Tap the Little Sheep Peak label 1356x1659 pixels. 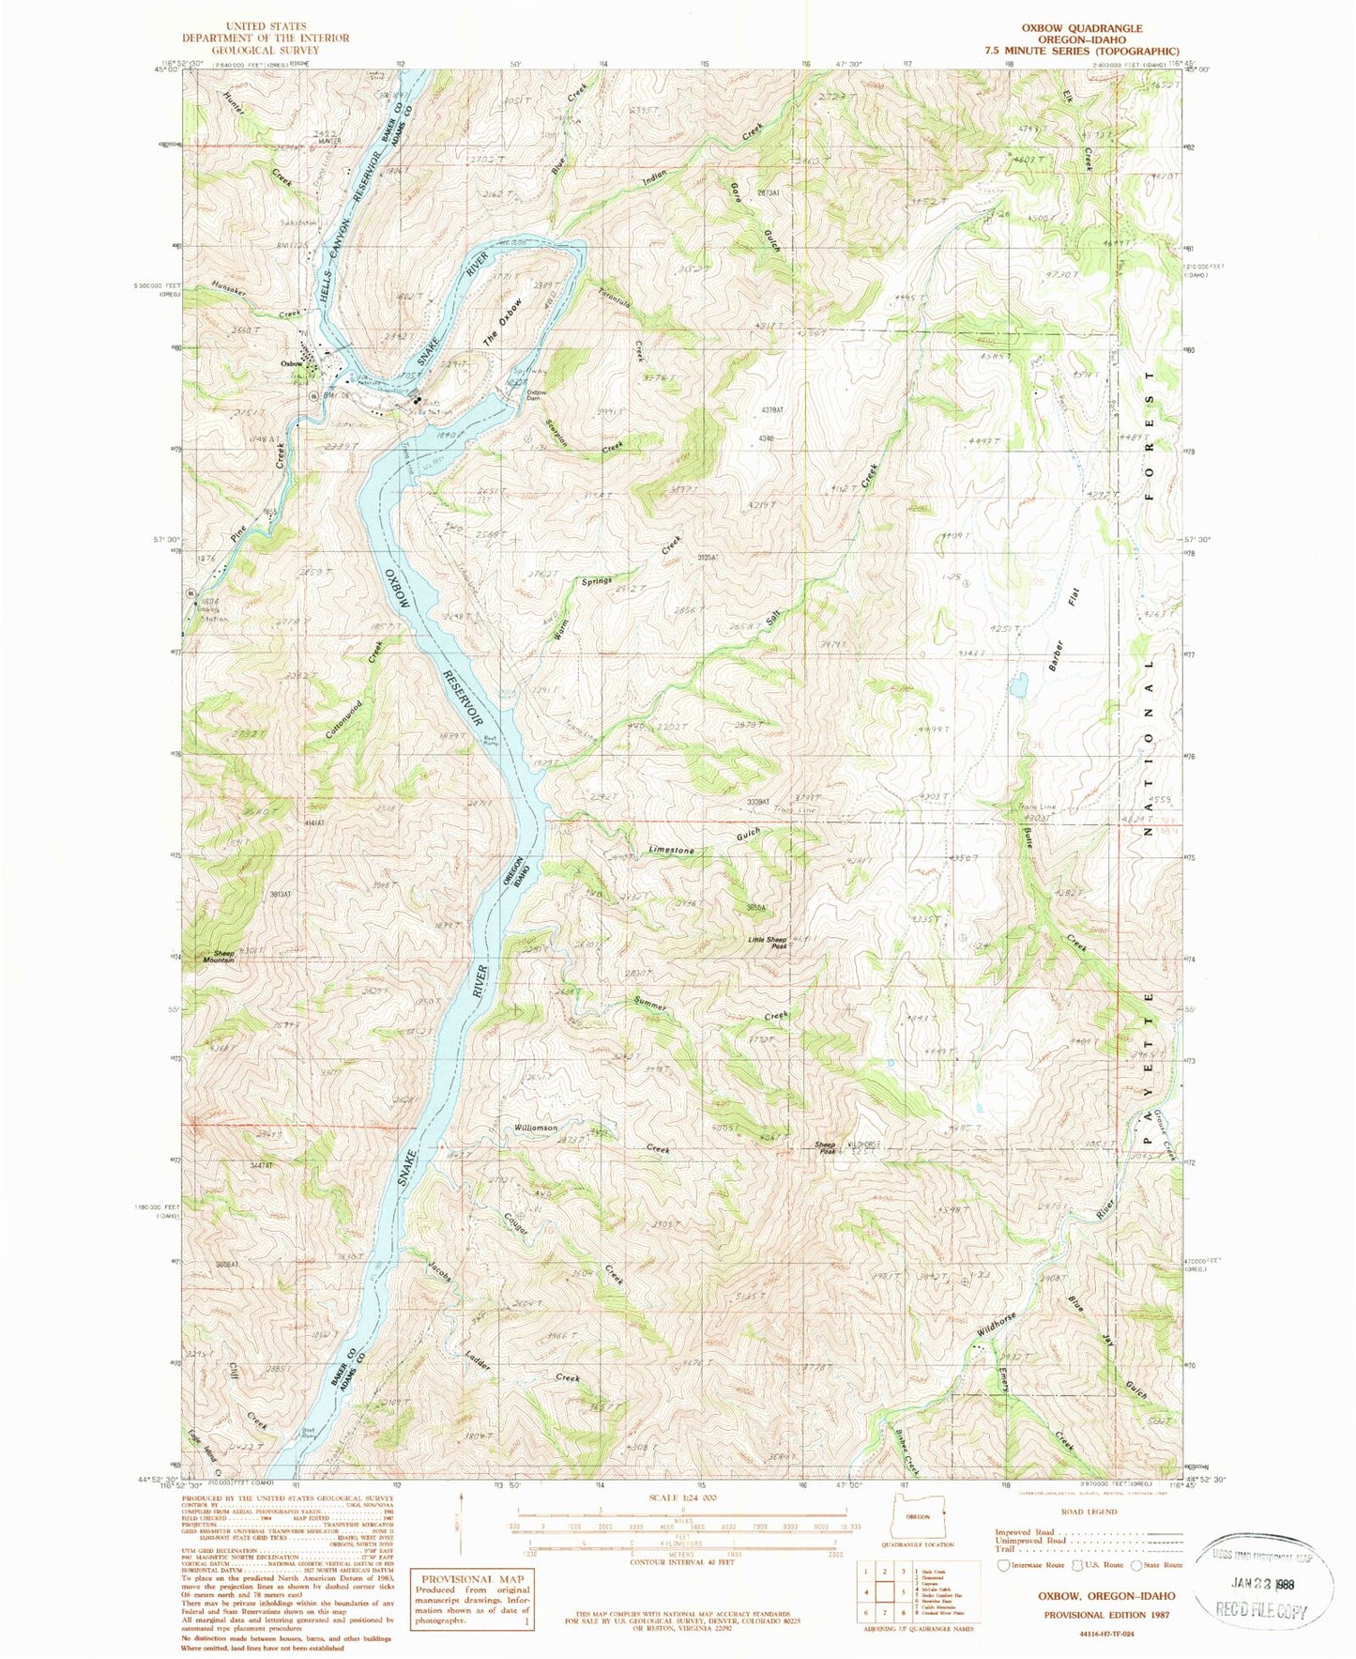point(766,943)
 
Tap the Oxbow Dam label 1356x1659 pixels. point(537,395)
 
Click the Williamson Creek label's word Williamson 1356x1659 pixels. point(536,1128)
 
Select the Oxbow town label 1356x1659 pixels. point(290,363)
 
